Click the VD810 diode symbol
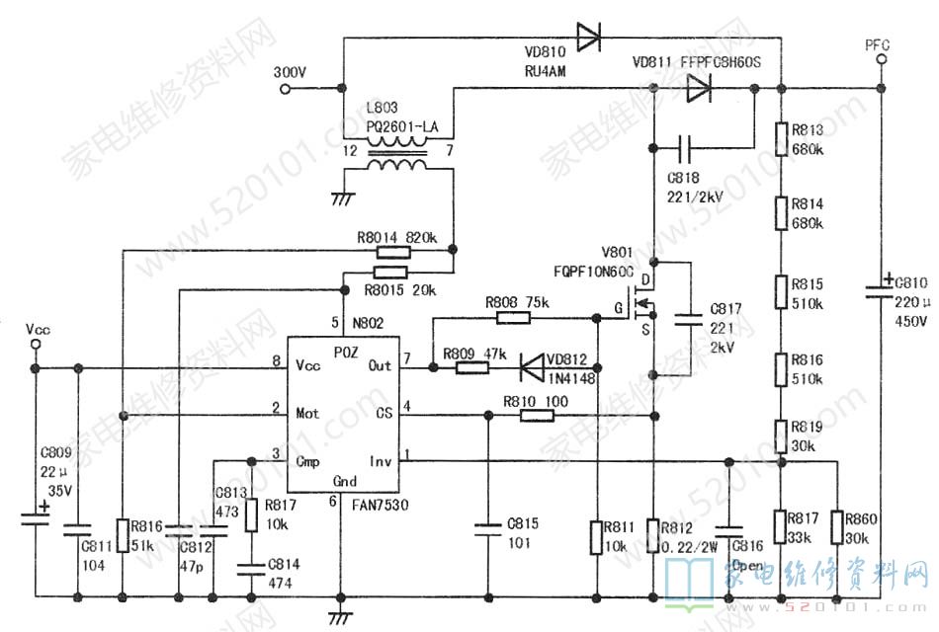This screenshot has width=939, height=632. pyautogui.click(x=589, y=39)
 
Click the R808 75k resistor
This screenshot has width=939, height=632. pyautogui.click(x=513, y=318)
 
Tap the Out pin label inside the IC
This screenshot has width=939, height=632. pyautogui.click(x=379, y=365)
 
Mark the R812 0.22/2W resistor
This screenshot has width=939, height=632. pyautogui.click(x=652, y=534)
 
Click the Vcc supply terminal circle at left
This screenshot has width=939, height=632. pyautogui.click(x=36, y=346)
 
